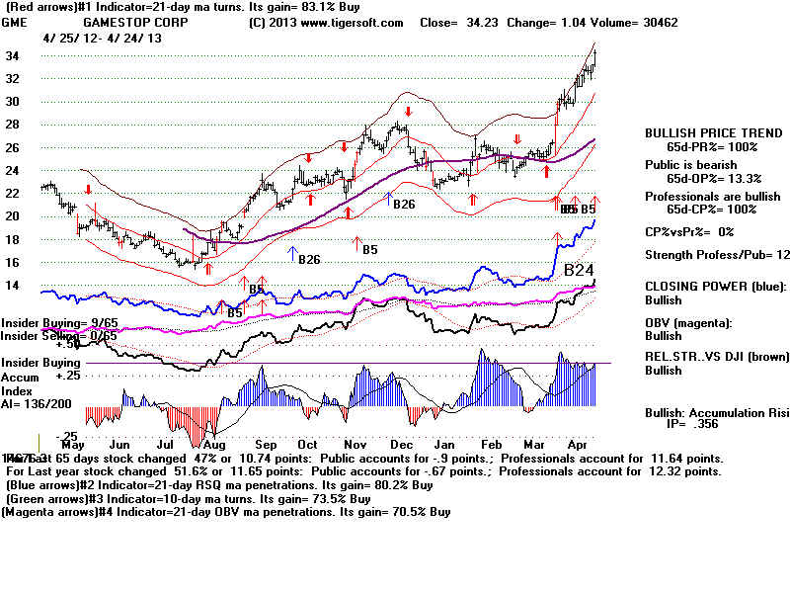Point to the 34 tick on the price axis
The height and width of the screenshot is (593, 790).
point(13,55)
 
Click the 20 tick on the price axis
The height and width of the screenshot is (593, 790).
point(13,216)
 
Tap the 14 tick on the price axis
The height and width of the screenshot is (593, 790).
point(13,286)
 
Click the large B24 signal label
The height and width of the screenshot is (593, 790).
point(582,270)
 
